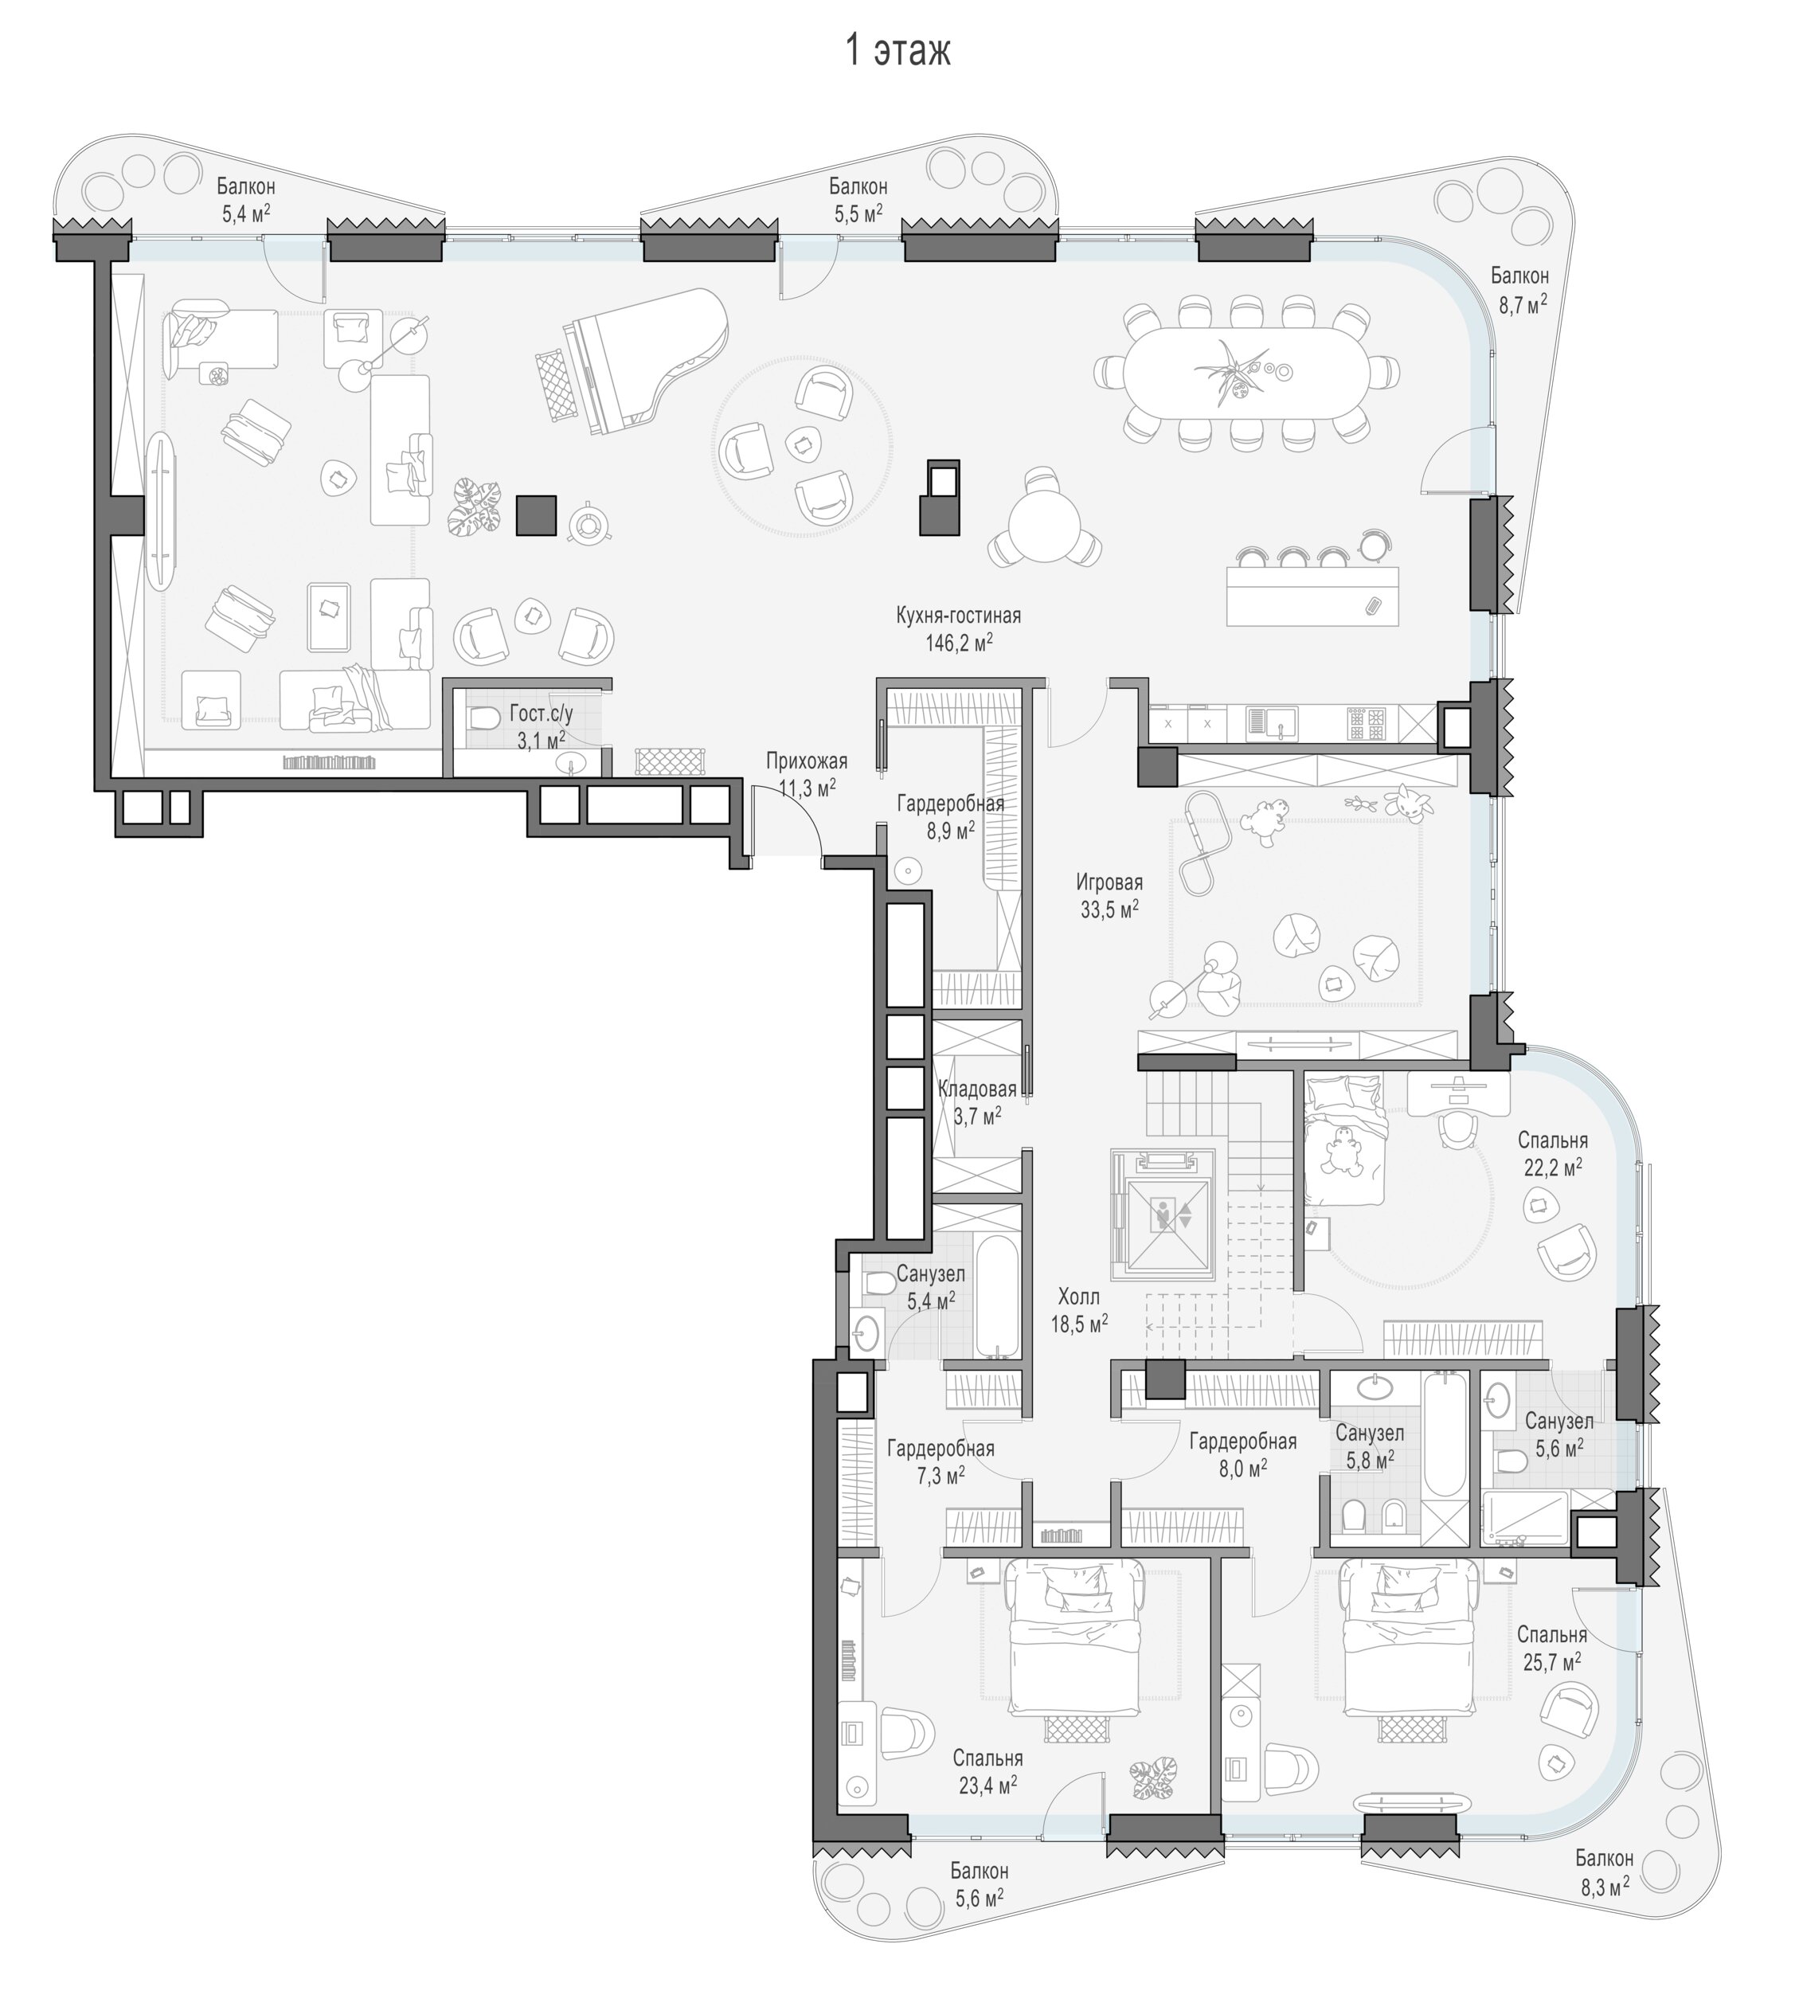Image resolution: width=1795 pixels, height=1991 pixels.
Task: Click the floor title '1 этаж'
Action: tap(897, 49)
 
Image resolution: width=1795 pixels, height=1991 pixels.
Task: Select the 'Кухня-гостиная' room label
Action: tap(958, 616)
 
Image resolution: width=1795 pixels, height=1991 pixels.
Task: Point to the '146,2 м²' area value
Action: tap(958, 643)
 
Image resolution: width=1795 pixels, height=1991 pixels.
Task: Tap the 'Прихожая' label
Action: tap(806, 761)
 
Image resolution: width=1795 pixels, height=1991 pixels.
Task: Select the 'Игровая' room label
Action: tap(1109, 882)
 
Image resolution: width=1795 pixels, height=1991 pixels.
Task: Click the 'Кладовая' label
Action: tap(976, 1089)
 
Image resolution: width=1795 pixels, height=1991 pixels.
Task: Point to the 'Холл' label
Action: tap(1078, 1297)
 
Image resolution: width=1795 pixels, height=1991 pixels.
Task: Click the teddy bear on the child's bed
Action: tap(1343, 1152)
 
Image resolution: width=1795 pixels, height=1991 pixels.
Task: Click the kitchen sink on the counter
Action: tap(1273, 724)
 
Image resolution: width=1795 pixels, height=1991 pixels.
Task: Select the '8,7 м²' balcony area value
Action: tap(1522, 305)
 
